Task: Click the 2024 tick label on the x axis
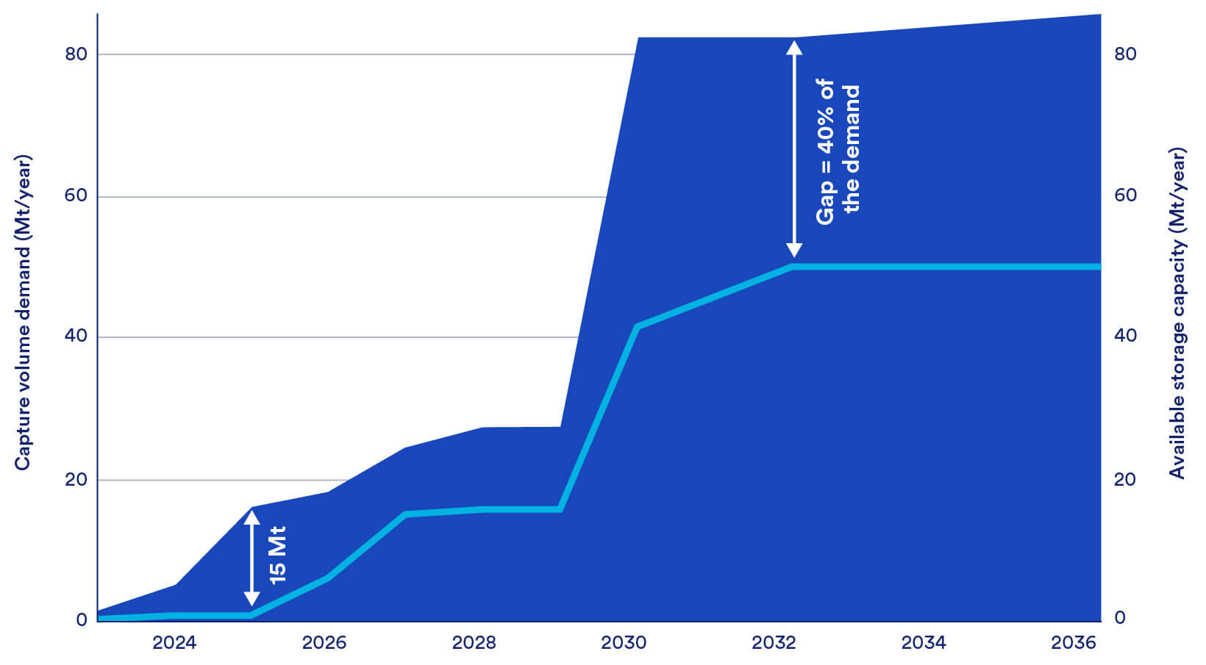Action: coord(174,643)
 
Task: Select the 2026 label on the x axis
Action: coord(324,643)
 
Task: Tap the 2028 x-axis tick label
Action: coord(474,643)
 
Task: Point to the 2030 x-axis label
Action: coord(624,643)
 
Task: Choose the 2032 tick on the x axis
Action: coord(774,643)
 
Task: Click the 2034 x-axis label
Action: coord(924,643)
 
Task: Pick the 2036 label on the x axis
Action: coord(1074,643)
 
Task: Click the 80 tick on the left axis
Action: coord(76,54)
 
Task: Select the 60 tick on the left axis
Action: coord(76,196)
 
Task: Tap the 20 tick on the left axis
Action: coord(76,480)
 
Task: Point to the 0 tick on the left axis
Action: coord(82,619)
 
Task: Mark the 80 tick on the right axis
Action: coord(1125,54)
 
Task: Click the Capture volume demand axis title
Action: coord(23,312)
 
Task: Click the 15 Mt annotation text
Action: coord(277,556)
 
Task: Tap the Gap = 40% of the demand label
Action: coord(838,151)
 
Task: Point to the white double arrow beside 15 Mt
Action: coord(251,558)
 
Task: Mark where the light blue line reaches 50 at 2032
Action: coord(793,266)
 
